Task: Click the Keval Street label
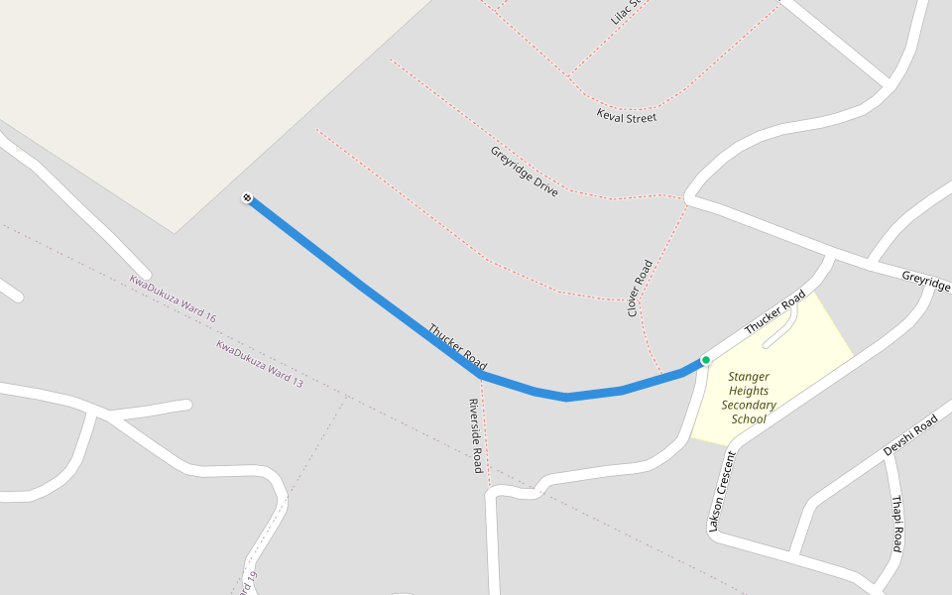click(627, 117)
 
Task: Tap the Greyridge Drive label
click(524, 171)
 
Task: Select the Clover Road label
click(640, 289)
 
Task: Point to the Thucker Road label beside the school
click(774, 312)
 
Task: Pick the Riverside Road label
click(476, 435)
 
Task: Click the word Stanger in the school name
click(749, 377)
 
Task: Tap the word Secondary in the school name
click(749, 405)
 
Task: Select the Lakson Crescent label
click(722, 491)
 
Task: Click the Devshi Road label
click(910, 436)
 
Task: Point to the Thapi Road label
click(896, 525)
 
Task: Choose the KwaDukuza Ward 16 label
click(173, 298)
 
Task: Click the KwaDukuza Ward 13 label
click(260, 363)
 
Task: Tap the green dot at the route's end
click(705, 360)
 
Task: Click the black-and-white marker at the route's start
click(247, 198)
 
